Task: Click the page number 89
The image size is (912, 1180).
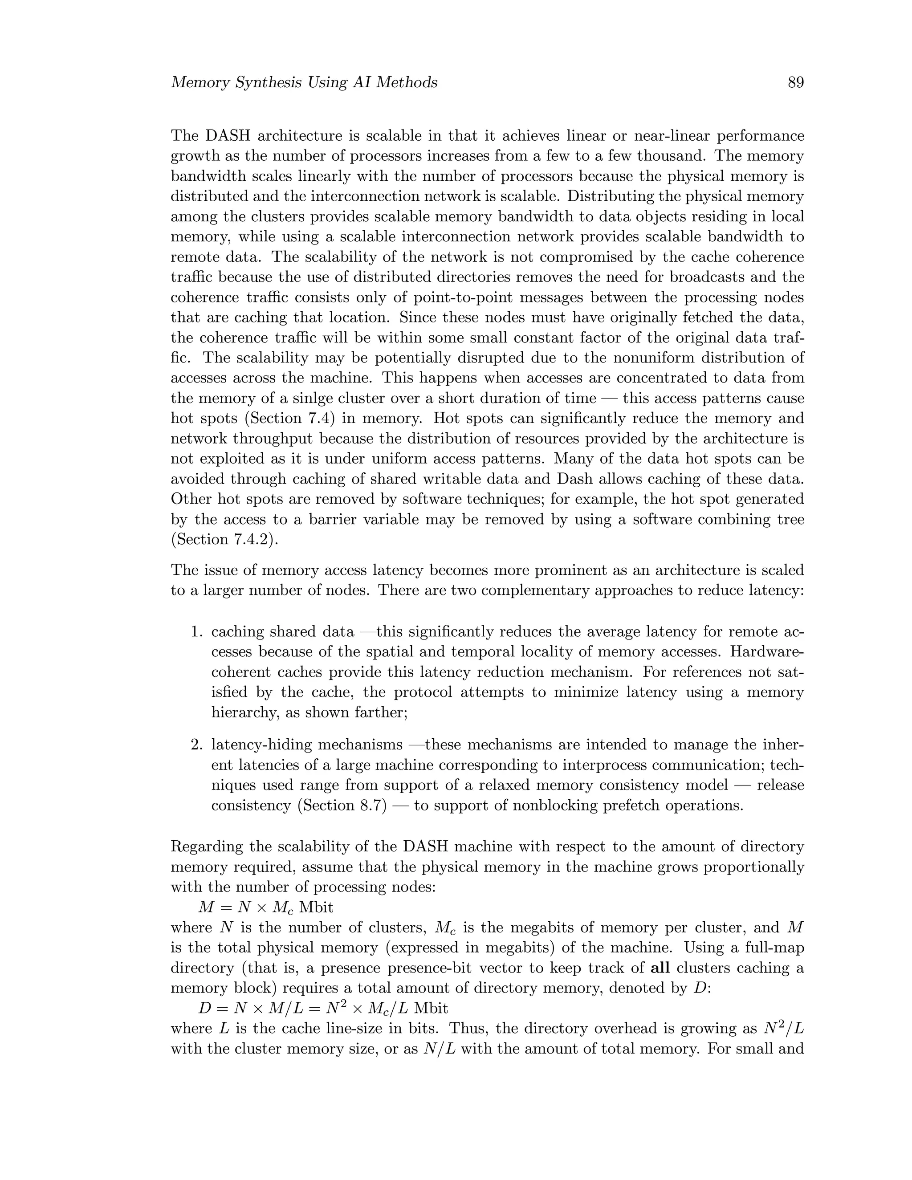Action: pyautogui.click(x=795, y=83)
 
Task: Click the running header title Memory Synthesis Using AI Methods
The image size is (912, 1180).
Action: pyautogui.click(x=304, y=83)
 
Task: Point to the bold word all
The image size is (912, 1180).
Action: pyautogui.click(x=660, y=968)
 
